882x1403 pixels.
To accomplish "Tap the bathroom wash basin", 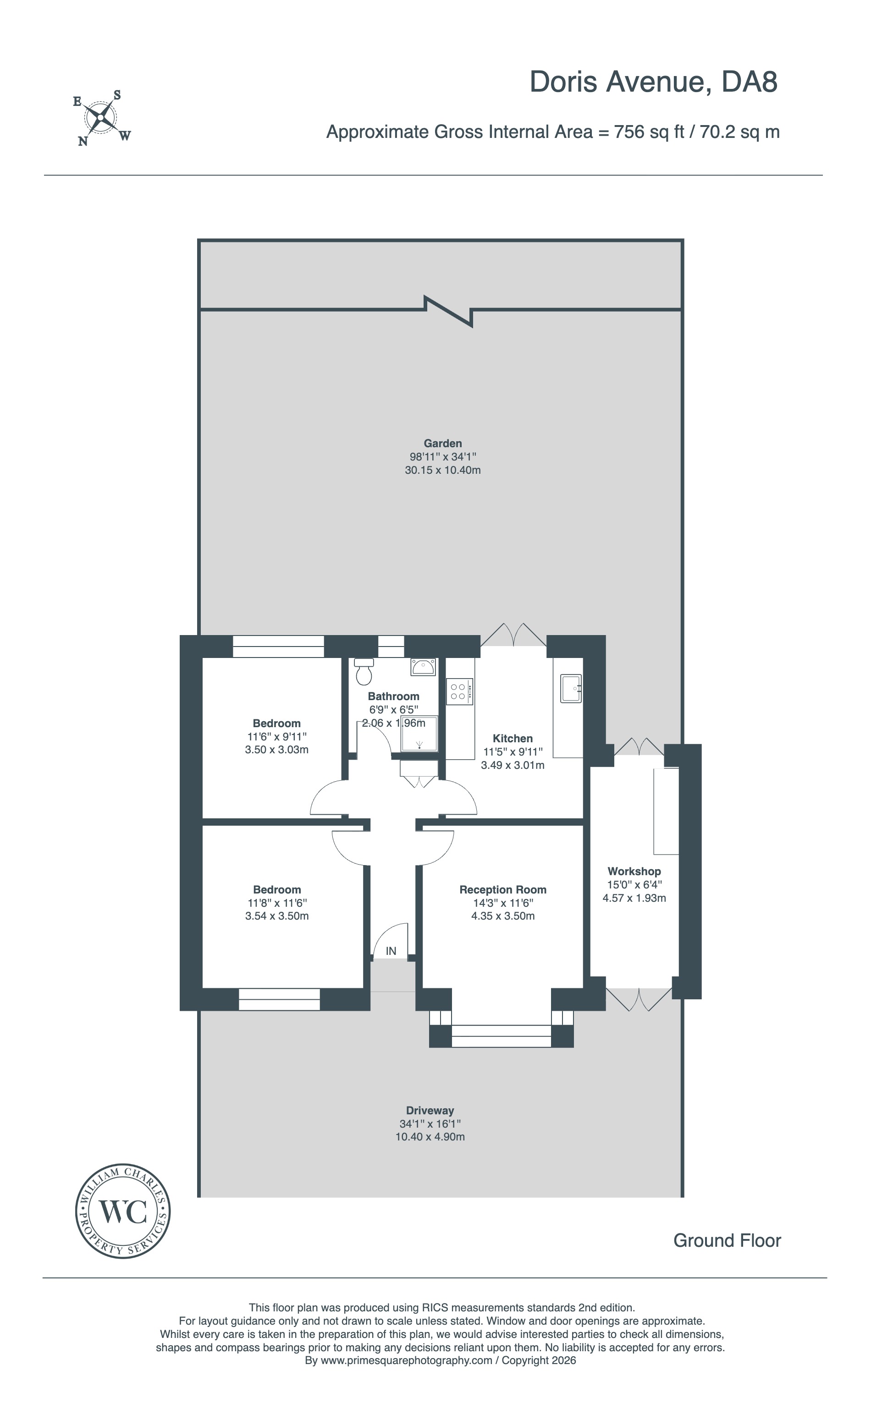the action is [423, 667].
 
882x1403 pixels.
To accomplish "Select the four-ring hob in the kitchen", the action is [459, 691].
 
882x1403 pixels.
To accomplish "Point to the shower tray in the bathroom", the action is [419, 734].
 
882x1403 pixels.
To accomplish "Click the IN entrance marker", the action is [391, 951].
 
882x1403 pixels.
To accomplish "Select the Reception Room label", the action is [503, 890].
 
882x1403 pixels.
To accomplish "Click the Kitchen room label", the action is [513, 738].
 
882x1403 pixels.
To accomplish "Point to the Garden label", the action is [443, 444].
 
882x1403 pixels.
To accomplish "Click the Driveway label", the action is [430, 1111].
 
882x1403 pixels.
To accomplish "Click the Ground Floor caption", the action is [727, 1240].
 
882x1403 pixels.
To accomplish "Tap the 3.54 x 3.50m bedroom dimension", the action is [277, 916].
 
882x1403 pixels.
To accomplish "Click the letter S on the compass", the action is [116, 95].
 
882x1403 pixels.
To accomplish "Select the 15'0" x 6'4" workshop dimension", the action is [634, 884].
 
